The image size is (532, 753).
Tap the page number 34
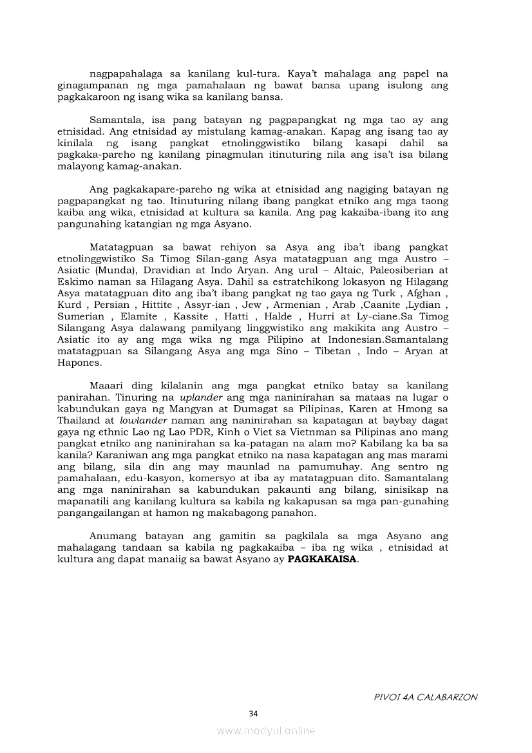tap(253, 713)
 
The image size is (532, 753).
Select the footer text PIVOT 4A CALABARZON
tap(425, 697)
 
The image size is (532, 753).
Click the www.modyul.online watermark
tap(266, 730)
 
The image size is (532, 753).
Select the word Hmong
tap(415, 409)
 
